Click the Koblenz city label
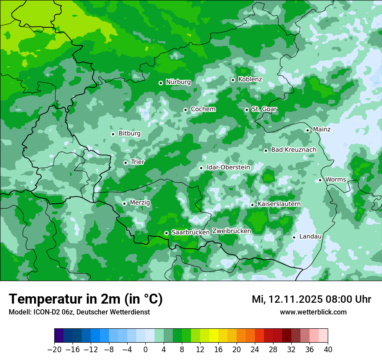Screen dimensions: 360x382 click(x=250, y=79)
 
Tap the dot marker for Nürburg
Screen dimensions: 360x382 click(x=161, y=82)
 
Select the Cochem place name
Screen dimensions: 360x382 click(x=203, y=109)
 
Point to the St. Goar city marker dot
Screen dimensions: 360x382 click(x=247, y=110)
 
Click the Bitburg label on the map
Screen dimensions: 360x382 click(x=129, y=134)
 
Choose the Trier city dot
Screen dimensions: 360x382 click(x=125, y=163)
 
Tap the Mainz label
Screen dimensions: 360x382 click(x=322, y=129)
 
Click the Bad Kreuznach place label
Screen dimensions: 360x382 click(x=293, y=150)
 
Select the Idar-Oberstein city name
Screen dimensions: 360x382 click(x=228, y=167)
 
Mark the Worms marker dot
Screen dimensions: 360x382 click(x=320, y=180)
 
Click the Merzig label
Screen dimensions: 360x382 click(x=140, y=203)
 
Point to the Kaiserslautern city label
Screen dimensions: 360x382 click(x=279, y=204)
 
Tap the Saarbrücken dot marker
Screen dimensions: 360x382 click(x=166, y=233)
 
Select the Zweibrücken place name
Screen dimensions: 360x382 click(x=231, y=231)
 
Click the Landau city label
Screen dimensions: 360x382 click(x=310, y=236)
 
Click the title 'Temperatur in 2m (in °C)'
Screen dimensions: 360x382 click(x=86, y=299)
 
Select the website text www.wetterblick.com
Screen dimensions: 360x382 click(x=313, y=312)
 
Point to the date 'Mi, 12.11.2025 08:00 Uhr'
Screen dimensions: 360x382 click(x=311, y=299)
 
